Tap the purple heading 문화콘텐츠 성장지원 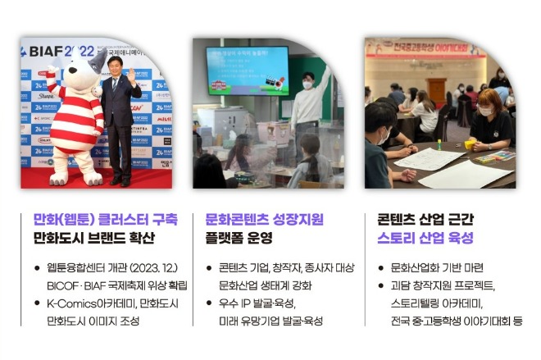(x=264, y=219)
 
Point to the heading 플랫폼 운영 (x=239, y=239)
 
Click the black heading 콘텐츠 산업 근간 (x=425, y=219)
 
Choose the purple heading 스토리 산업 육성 (x=425, y=239)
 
